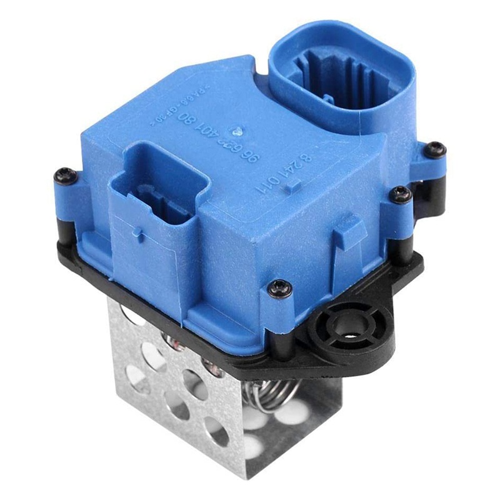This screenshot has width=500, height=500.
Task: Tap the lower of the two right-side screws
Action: pos(401,194)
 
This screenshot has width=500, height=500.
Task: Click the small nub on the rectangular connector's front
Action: pos(142,237)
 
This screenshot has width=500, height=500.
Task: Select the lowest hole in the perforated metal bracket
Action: pos(254,445)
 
